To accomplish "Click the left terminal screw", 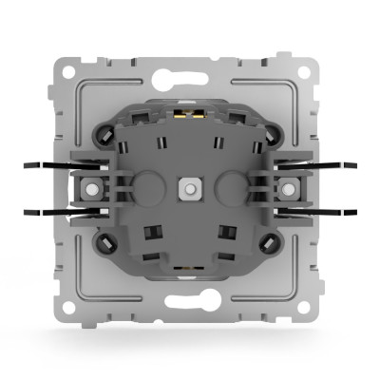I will coord(92,188).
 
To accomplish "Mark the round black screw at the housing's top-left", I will coord(103,136).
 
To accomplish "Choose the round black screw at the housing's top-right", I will coord(275,136).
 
